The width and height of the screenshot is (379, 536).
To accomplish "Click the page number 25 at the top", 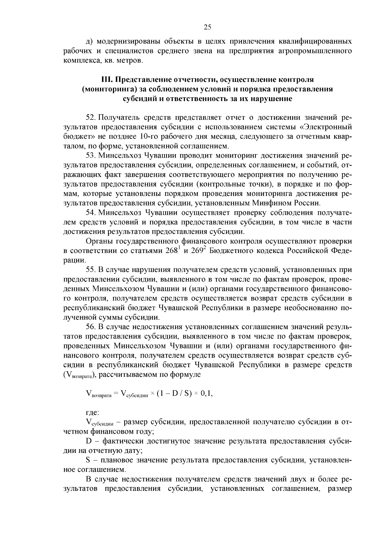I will coord(207,27).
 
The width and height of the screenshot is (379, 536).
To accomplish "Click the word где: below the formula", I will coord(92,413).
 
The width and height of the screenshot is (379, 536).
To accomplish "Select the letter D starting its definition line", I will coord(88,441).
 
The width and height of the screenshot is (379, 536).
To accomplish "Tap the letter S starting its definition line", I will coord(88,460).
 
